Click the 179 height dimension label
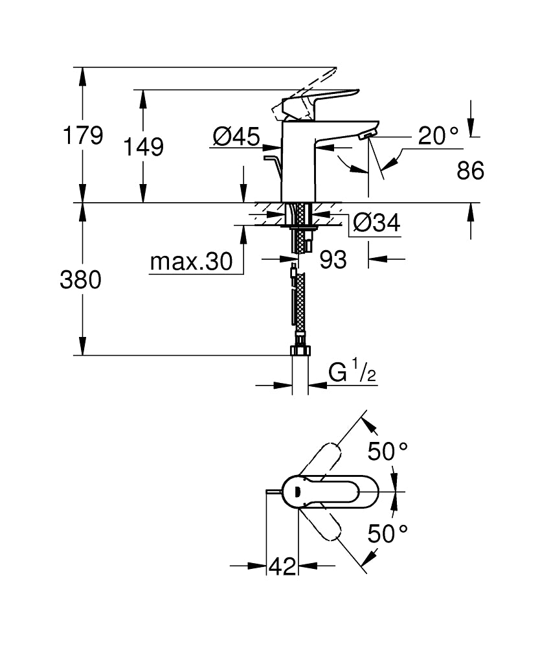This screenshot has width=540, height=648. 82,136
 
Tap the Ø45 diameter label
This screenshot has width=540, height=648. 237,136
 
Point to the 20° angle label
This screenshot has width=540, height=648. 438,136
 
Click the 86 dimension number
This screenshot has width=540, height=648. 471,171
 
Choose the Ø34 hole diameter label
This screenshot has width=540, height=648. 376,224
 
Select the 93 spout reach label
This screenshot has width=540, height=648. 333,260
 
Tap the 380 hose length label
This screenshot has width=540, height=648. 81,280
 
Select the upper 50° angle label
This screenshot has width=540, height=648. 388,450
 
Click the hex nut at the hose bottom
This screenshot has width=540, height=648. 300,351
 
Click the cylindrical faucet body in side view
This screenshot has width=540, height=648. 297,162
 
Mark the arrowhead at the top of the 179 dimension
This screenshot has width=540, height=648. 82,74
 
